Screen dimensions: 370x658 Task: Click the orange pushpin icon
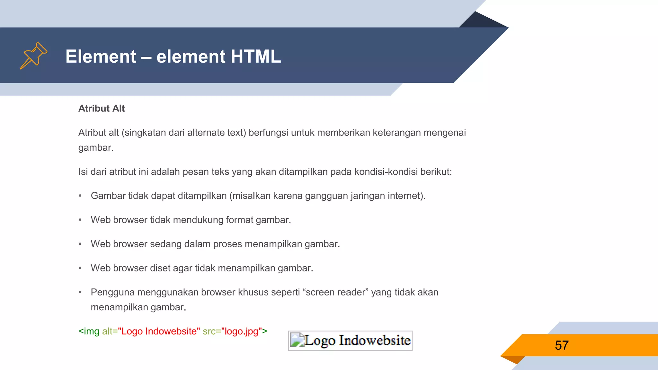[x=34, y=56]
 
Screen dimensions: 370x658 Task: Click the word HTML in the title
[x=255, y=57]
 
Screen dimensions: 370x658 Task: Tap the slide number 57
[x=562, y=346]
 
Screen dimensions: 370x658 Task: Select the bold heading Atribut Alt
[x=102, y=109]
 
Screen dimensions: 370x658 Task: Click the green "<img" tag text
[x=89, y=331]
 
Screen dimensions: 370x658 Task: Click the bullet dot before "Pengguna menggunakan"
[x=80, y=292]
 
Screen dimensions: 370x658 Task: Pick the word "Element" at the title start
[x=101, y=57]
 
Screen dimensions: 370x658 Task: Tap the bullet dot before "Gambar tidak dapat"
[x=80, y=196]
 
